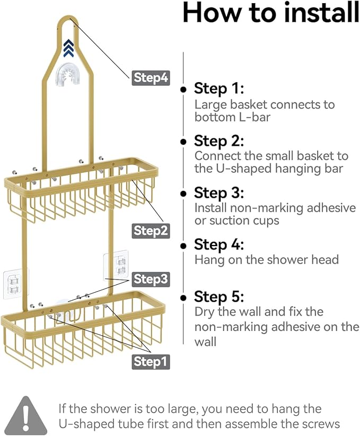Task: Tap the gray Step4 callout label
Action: [x=151, y=78]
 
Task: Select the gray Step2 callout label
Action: [x=151, y=231]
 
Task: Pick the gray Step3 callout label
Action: [x=151, y=279]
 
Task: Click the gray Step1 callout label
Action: [x=151, y=362]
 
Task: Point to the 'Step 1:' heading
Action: [x=218, y=88]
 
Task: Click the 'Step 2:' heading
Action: [x=219, y=141]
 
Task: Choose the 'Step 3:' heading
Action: [x=219, y=193]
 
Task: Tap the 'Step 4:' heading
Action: [x=219, y=245]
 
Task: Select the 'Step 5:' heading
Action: [x=219, y=296]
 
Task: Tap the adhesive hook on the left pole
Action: [x=14, y=282]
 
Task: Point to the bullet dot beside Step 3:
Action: [x=183, y=194]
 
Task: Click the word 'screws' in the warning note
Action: [x=317, y=424]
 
